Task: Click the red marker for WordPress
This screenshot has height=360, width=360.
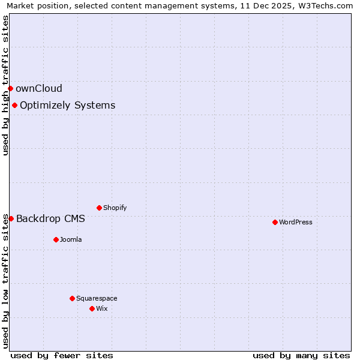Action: [275, 222]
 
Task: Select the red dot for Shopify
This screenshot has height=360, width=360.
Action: [99, 208]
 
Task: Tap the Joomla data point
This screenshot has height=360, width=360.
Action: [56, 239]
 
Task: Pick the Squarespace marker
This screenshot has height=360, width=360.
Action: [72, 298]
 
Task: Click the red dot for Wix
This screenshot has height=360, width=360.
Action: [92, 308]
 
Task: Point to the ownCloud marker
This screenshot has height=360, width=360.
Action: [10, 88]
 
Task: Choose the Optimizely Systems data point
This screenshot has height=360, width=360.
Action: [14, 105]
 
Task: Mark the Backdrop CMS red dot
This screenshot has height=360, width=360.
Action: [11, 218]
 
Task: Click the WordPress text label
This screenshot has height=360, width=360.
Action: [296, 222]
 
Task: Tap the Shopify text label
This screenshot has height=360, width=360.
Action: [115, 208]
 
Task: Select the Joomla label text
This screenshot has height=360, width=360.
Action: [71, 239]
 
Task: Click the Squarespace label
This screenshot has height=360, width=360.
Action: [97, 298]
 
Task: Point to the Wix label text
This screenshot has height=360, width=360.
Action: [102, 308]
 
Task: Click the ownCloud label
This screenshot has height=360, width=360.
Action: [39, 88]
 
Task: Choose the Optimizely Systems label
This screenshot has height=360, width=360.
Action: [67, 105]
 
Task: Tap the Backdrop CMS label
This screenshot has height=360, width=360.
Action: [50, 218]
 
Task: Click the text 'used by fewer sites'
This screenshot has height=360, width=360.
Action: [62, 355]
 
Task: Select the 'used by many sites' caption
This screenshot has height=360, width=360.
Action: [301, 355]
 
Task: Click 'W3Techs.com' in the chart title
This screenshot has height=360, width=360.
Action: [327, 6]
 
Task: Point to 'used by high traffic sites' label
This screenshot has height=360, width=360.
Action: [5, 85]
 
